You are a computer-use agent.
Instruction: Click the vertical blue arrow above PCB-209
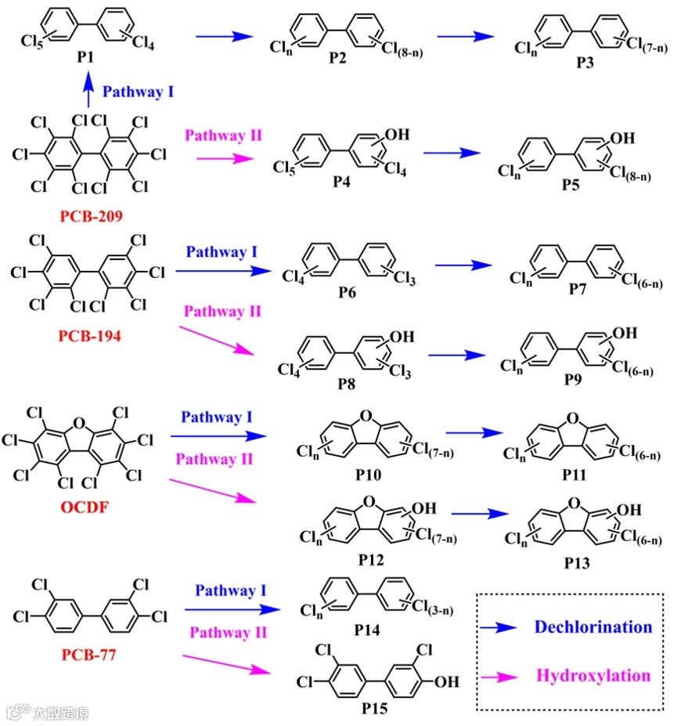click(x=88, y=91)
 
